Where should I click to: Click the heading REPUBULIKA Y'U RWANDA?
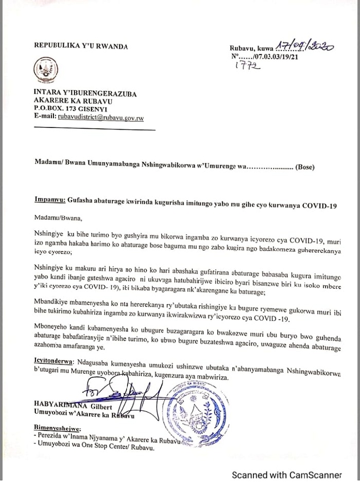(81, 45)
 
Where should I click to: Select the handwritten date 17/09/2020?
(305, 47)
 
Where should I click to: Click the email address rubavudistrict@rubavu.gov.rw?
(100, 118)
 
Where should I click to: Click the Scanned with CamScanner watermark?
(286, 474)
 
